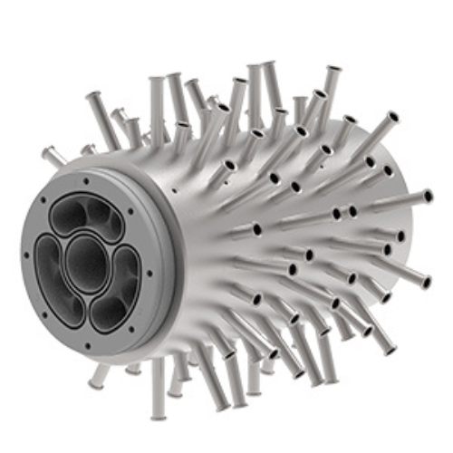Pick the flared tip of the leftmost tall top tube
pos(94,96)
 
